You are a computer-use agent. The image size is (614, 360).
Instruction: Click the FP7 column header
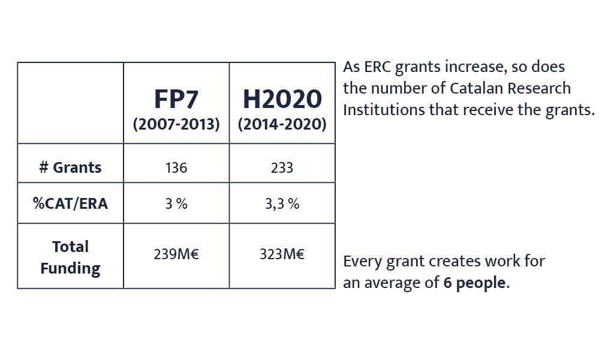(176, 99)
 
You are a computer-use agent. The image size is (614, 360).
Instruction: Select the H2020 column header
(282, 99)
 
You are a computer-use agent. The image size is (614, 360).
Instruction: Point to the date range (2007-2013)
(176, 124)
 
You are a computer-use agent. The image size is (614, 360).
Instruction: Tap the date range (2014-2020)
(282, 124)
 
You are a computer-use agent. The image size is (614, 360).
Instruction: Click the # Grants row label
(71, 167)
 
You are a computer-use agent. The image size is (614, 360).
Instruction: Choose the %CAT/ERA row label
(71, 203)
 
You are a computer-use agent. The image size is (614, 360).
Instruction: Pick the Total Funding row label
(71, 257)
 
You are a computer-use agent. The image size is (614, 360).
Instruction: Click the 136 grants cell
(176, 168)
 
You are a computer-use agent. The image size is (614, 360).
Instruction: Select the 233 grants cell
(282, 168)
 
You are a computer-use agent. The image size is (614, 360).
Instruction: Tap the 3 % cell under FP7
(176, 203)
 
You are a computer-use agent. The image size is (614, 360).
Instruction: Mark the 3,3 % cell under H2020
(282, 204)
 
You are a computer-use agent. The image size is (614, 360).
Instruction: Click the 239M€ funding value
(176, 254)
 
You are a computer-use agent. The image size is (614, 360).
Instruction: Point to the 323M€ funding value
(282, 254)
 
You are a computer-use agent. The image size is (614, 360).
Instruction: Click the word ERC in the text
(378, 67)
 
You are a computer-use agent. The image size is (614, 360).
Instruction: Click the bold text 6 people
(474, 283)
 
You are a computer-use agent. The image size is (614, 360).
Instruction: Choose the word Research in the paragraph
(539, 88)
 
